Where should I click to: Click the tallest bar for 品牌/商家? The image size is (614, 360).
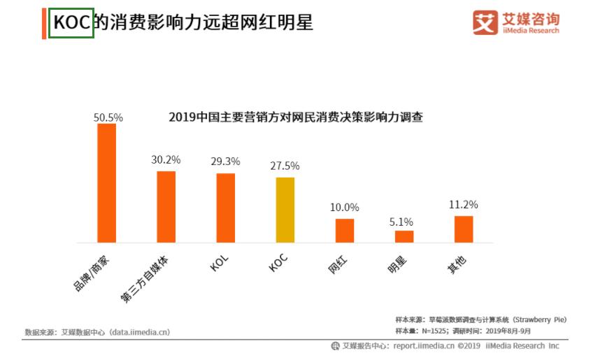tap(106, 183)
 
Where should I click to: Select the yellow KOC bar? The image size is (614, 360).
tap(285, 210)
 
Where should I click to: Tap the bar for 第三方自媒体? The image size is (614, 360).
tap(166, 206)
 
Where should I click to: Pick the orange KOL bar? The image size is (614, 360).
tap(225, 208)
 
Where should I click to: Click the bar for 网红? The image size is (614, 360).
tap(345, 231)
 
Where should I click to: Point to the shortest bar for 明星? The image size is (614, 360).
tap(404, 236)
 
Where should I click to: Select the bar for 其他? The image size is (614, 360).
tap(464, 229)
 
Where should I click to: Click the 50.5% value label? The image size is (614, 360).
tap(108, 117)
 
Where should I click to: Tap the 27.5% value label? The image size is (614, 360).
tap(285, 166)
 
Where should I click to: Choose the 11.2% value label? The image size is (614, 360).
tap(464, 205)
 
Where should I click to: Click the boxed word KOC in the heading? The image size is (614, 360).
tap(71, 23)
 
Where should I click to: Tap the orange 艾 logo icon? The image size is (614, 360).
tap(485, 22)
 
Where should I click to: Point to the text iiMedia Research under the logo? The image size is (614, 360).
tap(531, 31)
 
